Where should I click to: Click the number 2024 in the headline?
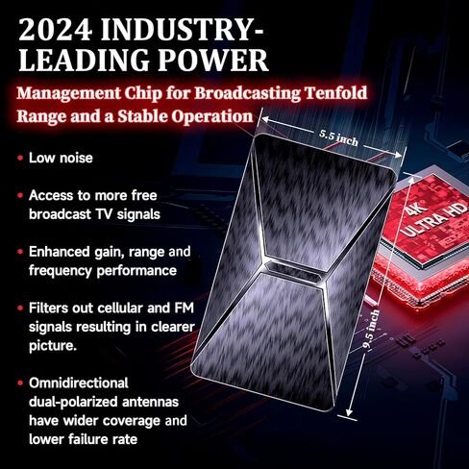[56, 30]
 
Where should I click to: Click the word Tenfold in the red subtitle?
[335, 93]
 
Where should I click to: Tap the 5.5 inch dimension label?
[338, 137]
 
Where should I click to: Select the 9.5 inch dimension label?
[371, 329]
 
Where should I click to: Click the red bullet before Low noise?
[20, 158]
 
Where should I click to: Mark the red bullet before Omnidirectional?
[20, 383]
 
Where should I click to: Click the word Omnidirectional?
[79, 383]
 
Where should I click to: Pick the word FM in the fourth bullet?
[185, 308]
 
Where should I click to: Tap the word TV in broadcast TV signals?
[104, 214]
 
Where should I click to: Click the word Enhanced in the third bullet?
[60, 252]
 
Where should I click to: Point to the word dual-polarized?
[73, 402]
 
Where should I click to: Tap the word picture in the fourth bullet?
[53, 346]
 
